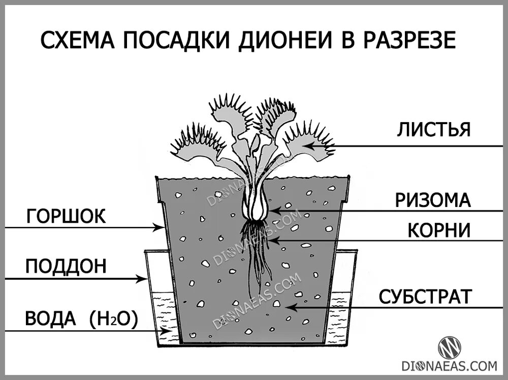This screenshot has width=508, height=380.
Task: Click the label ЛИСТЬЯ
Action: [433, 130]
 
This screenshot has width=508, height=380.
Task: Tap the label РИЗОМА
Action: [433, 200]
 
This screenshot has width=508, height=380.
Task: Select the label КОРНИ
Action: [439, 230]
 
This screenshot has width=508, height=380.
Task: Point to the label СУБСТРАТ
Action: [426, 297]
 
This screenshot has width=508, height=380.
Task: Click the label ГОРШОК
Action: [66, 217]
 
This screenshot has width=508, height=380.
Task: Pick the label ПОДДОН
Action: [66, 267]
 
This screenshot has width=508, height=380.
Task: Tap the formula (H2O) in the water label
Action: [113, 320]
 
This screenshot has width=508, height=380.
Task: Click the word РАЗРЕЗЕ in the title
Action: [409, 41]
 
